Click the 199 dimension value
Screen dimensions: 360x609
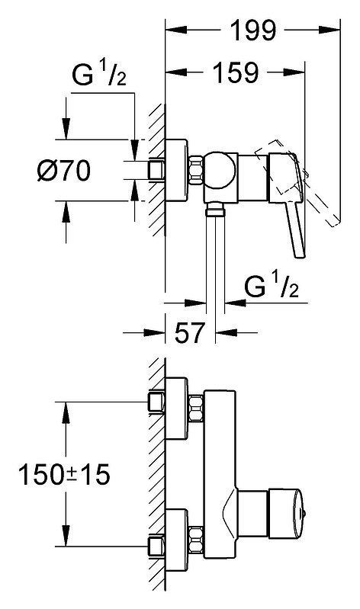[x=253, y=30]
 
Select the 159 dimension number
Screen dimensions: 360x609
[x=236, y=72]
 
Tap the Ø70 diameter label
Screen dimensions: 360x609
[x=64, y=171]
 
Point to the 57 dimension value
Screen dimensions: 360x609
[x=189, y=332]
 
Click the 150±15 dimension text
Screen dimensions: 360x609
[x=64, y=475]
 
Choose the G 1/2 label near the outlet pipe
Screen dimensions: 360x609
[x=272, y=285]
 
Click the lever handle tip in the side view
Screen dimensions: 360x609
[x=301, y=254]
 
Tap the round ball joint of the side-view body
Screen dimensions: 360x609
[x=220, y=171]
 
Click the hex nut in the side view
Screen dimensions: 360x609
[x=196, y=170]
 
